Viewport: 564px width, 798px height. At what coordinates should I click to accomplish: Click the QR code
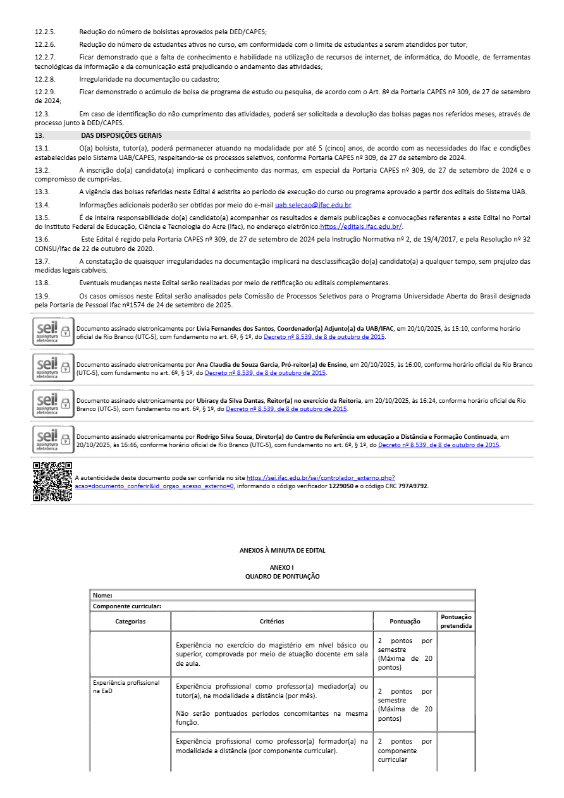52,482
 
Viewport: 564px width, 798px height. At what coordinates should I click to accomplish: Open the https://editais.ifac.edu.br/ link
361,226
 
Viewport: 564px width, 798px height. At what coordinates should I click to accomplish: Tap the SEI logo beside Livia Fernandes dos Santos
53,331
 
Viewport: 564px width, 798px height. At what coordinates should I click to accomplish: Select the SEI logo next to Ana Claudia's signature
53,367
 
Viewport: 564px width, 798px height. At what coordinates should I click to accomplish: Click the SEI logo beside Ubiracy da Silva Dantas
53,403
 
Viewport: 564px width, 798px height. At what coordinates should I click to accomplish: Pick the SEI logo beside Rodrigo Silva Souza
53,439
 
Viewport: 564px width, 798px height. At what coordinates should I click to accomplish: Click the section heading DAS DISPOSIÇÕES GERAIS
121,135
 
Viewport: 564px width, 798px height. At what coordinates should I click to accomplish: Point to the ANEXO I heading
282,568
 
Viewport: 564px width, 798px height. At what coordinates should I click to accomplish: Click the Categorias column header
130,621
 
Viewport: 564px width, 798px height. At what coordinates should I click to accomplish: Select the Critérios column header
272,621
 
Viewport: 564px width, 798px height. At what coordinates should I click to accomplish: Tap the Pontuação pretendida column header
456,621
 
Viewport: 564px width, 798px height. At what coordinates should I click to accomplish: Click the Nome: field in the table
103,596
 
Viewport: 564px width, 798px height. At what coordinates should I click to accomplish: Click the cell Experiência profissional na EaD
126,687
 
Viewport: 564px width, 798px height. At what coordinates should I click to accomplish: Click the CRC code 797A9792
412,486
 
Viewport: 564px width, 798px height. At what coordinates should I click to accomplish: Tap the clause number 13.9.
42,296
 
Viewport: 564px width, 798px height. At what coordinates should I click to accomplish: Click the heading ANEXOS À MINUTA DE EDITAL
282,551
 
